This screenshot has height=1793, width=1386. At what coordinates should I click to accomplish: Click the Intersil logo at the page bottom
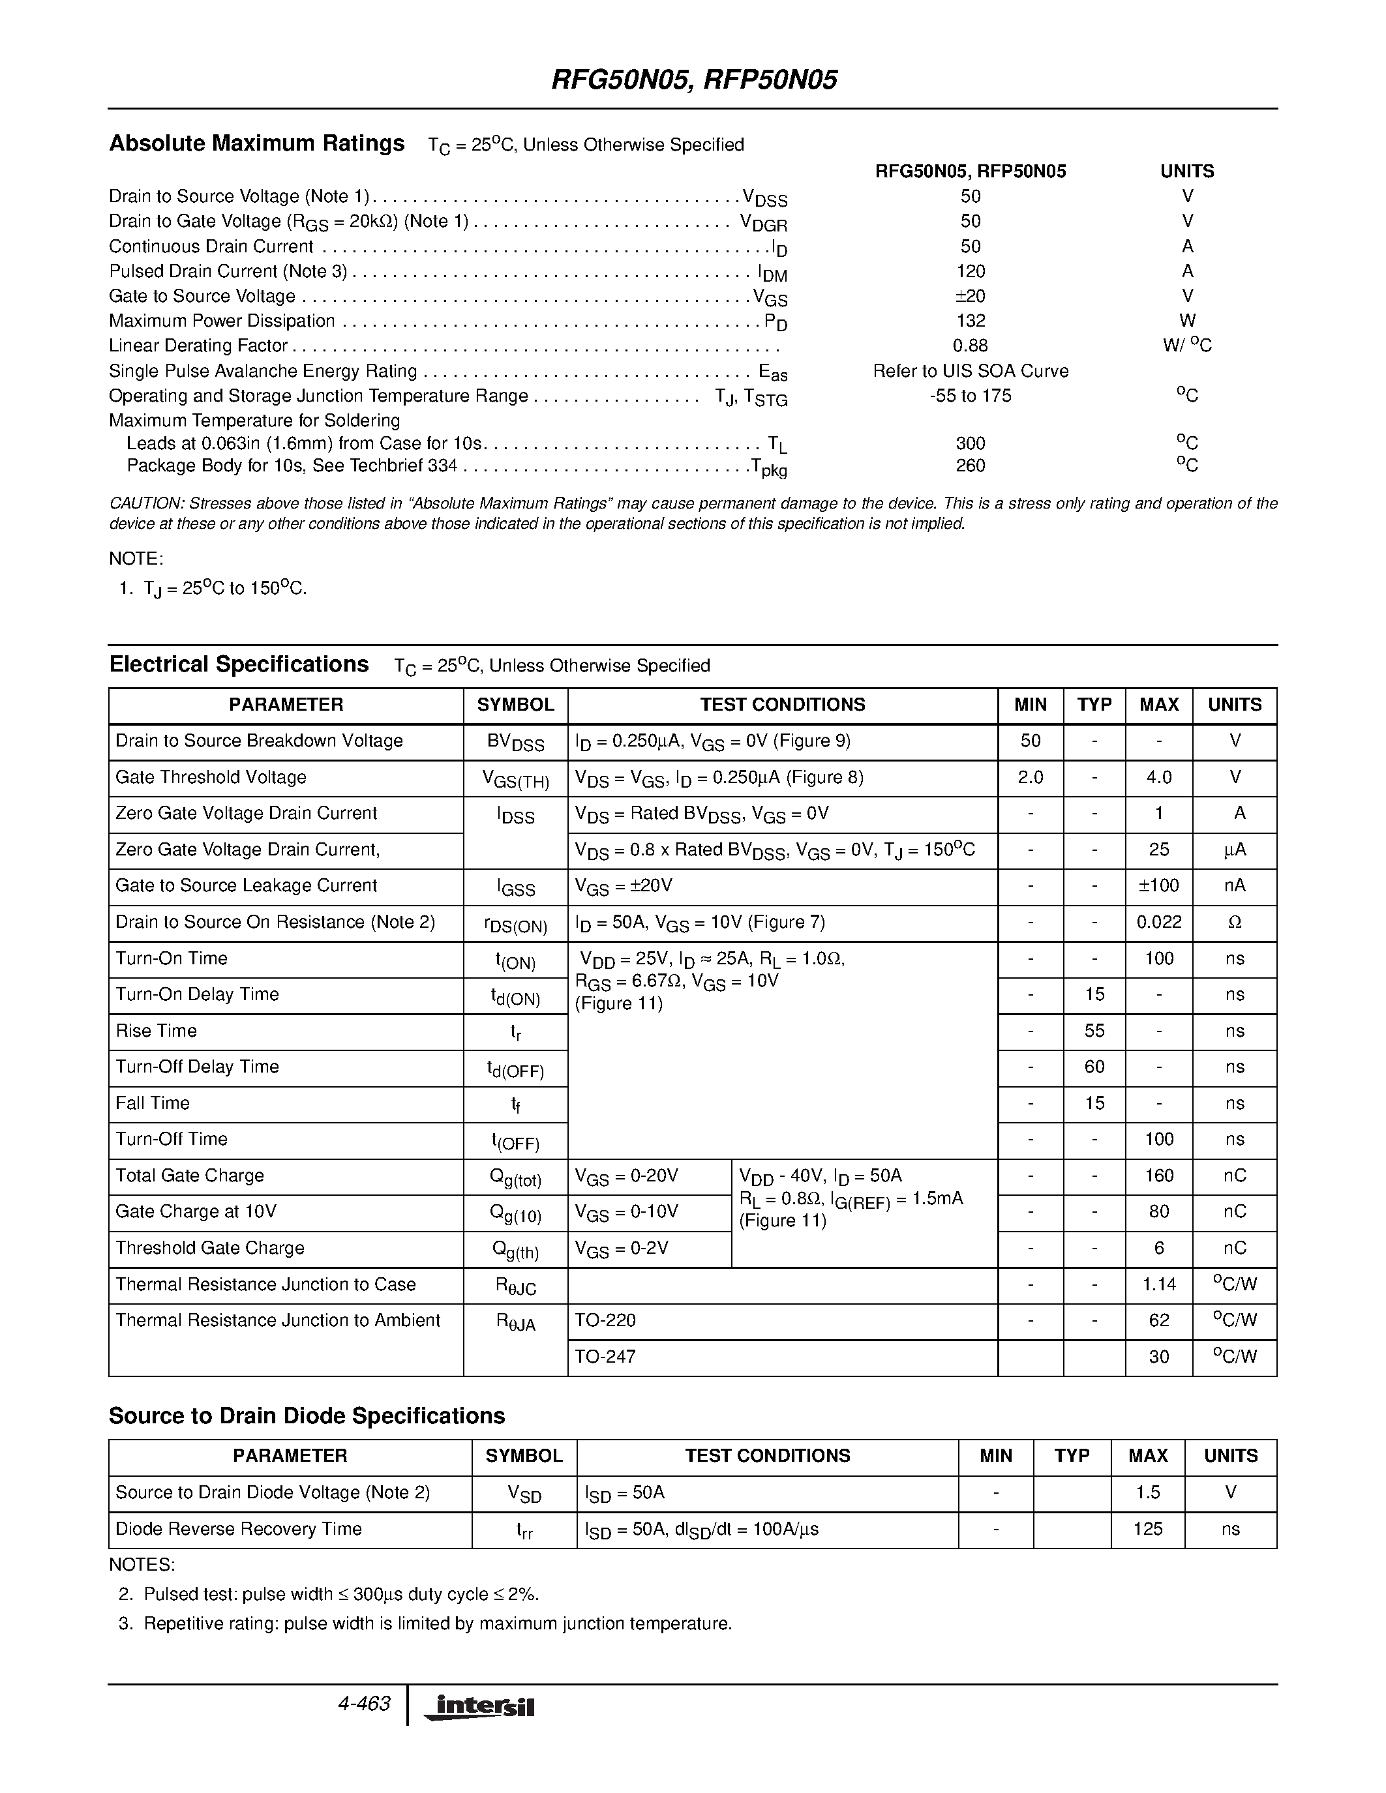click(x=479, y=1707)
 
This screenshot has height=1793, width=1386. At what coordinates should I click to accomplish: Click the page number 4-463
click(x=364, y=1704)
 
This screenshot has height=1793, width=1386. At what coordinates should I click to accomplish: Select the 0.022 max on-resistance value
click(x=1158, y=922)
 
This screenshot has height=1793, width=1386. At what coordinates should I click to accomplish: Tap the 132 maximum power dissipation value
click(x=971, y=321)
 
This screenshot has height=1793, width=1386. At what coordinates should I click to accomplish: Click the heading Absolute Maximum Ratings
click(x=257, y=143)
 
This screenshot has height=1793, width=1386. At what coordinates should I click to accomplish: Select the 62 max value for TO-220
click(x=1158, y=1320)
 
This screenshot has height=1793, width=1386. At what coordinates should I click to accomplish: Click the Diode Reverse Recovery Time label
click(x=238, y=1529)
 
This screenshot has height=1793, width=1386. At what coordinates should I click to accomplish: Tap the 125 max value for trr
click(x=1147, y=1529)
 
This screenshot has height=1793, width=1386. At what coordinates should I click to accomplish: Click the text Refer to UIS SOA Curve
click(x=971, y=371)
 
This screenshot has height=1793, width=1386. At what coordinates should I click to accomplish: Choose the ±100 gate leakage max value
click(x=1158, y=886)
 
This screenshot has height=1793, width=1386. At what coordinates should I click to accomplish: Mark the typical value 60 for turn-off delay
click(x=1094, y=1067)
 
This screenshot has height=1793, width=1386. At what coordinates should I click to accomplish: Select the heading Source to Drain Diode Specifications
click(x=307, y=1416)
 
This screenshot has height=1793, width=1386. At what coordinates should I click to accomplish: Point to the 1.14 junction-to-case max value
click(x=1158, y=1284)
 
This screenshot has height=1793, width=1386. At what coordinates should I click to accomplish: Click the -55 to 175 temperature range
click(x=971, y=396)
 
